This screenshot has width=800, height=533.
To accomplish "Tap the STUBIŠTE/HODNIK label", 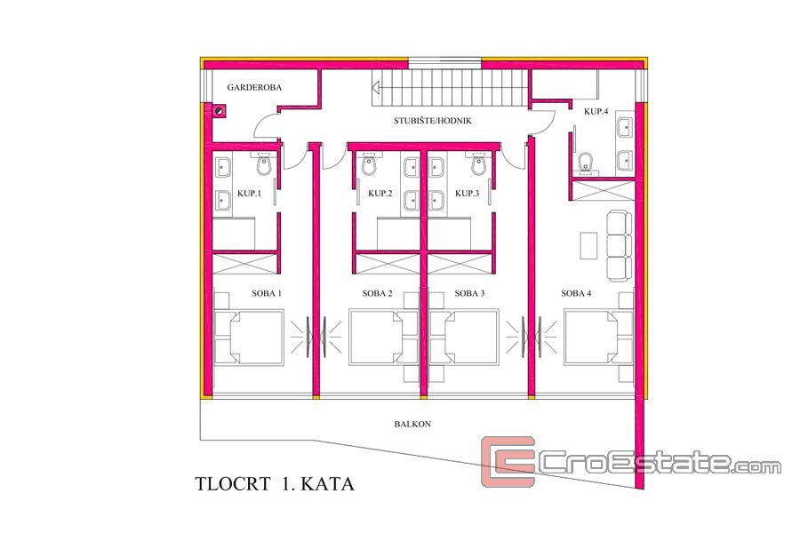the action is tap(433, 121).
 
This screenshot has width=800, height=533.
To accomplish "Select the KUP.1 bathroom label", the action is tap(249, 194).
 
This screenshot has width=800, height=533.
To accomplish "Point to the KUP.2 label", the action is tap(380, 194).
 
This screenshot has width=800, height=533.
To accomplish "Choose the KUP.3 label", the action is tap(467, 194).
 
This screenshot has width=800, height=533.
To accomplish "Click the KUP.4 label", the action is tap(596, 111).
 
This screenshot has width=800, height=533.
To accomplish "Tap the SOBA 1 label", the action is tap(267, 293).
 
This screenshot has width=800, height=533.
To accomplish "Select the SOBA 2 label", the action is tap(377, 293).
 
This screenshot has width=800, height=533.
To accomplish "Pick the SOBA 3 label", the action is tap(469, 293).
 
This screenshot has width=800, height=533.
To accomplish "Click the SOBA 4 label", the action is tap(576, 293).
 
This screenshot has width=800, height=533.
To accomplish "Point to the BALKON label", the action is tap(412, 424).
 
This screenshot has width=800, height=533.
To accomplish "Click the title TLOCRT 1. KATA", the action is tap(275, 483).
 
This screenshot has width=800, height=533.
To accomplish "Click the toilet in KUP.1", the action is tap(264, 164).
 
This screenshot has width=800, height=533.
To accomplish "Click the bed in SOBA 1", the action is tap(249, 338).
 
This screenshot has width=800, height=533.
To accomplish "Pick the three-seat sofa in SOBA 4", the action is tap(620, 246).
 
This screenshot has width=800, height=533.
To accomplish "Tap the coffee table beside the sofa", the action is tap(588, 245).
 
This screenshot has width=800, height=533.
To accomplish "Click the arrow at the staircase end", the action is tap(376, 87).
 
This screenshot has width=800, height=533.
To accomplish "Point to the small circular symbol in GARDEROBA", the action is tap(220, 110).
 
